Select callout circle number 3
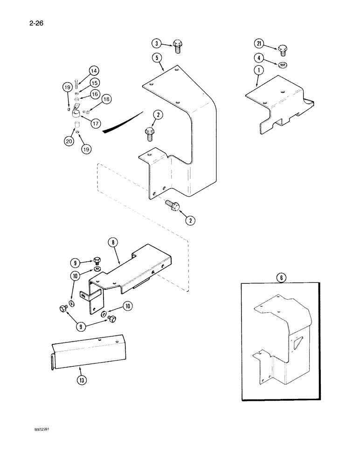coord(157,44)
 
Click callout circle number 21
coord(260,44)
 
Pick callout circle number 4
coord(260,58)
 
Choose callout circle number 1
coord(260,71)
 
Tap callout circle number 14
coord(94,71)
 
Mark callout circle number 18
coord(106,99)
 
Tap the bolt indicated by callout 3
coord(177,45)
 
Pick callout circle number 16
coord(94,94)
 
